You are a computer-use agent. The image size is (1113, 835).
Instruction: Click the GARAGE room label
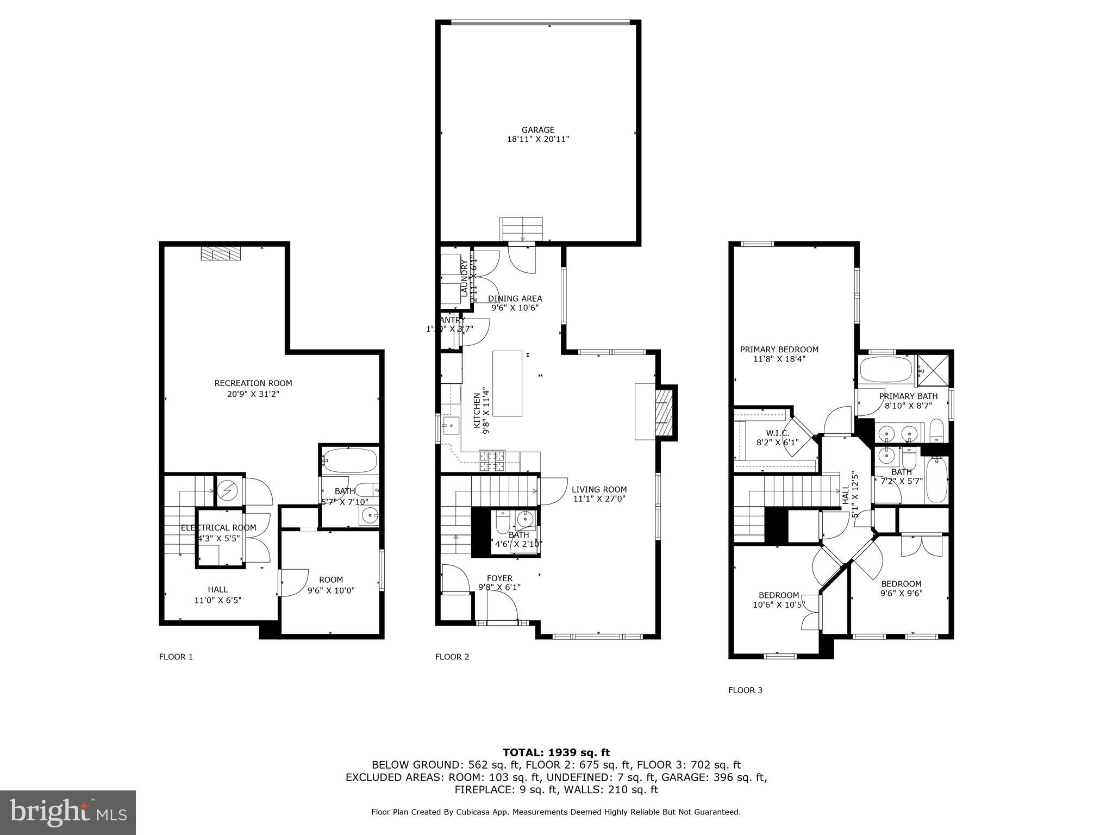[538, 130]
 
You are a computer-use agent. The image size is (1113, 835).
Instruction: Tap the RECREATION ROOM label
[253, 383]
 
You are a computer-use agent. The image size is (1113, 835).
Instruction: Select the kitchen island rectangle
[507, 383]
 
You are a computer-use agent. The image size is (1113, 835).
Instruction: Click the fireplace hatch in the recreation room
[221, 253]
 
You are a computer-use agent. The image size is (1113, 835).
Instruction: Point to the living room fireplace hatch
[662, 412]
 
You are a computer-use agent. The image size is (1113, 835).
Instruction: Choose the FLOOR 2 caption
[452, 657]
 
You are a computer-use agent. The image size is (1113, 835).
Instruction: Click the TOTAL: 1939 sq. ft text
[556, 752]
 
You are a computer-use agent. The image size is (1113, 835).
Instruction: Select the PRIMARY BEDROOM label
[779, 350]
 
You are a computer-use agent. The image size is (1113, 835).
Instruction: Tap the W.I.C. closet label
[777, 433]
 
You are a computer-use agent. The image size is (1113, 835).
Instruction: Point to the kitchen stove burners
[492, 462]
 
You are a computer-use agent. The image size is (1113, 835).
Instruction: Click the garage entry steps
[521, 229]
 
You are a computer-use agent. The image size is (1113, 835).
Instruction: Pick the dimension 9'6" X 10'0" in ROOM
[331, 590]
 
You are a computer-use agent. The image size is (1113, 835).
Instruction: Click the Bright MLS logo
[68, 812]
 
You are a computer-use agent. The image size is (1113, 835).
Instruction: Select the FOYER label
[499, 578]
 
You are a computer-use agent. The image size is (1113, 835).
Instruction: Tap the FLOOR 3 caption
[745, 690]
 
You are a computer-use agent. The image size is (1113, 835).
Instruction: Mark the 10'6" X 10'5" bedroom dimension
[778, 605]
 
